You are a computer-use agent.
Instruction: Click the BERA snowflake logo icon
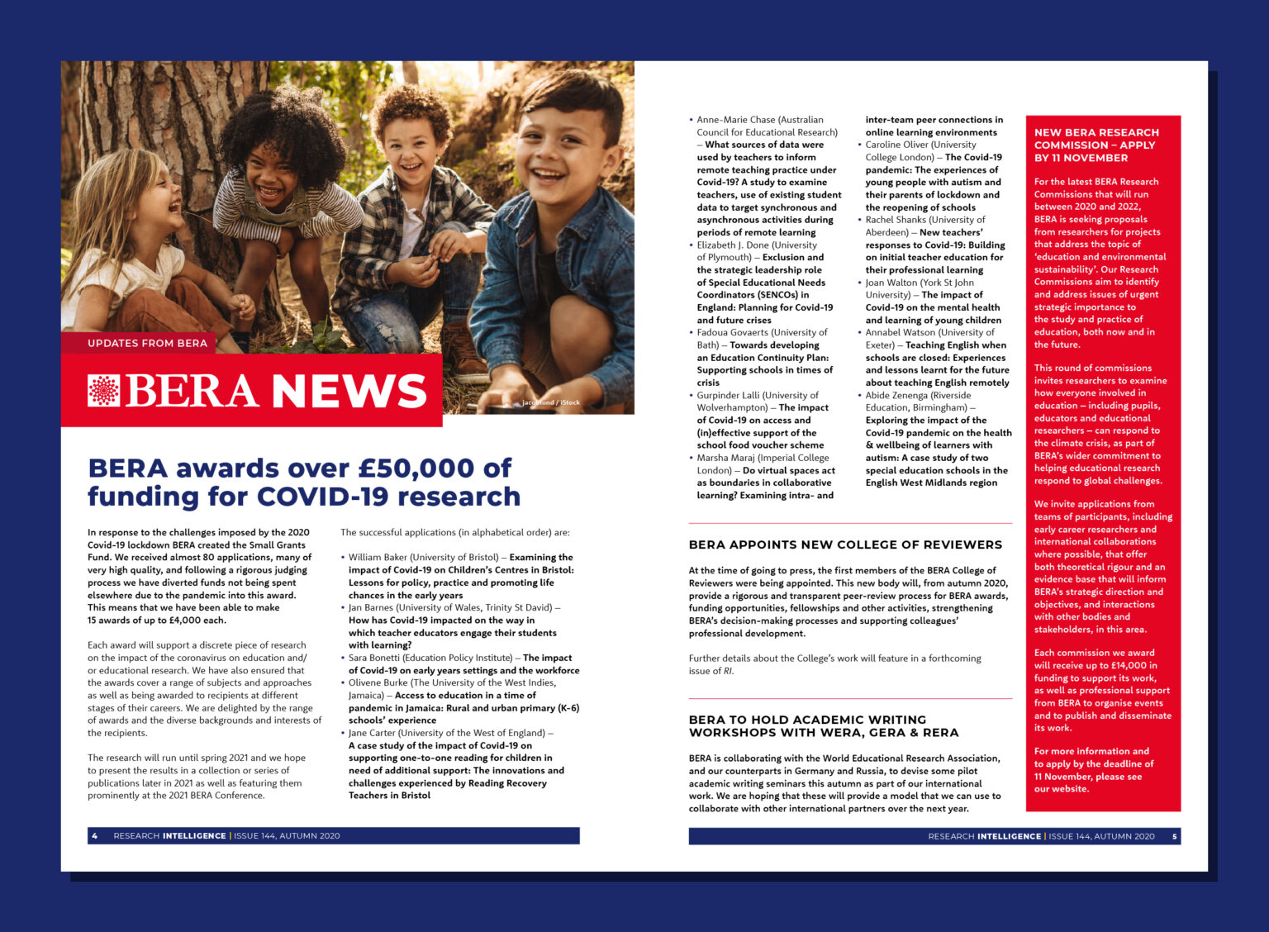(x=103, y=390)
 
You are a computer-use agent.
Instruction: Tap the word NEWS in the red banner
(x=349, y=391)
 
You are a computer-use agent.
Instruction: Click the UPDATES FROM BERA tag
(x=147, y=343)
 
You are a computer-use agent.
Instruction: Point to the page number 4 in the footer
(x=95, y=836)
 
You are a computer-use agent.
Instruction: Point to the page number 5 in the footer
(x=1175, y=836)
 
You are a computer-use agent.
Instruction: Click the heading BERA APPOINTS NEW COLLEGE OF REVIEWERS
(x=845, y=544)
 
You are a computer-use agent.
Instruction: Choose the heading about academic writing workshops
(x=824, y=726)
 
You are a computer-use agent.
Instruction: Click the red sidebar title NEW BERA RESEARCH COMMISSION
(x=1096, y=145)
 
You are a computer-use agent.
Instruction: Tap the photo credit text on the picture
(x=550, y=403)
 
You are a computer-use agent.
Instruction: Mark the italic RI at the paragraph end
(x=728, y=671)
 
